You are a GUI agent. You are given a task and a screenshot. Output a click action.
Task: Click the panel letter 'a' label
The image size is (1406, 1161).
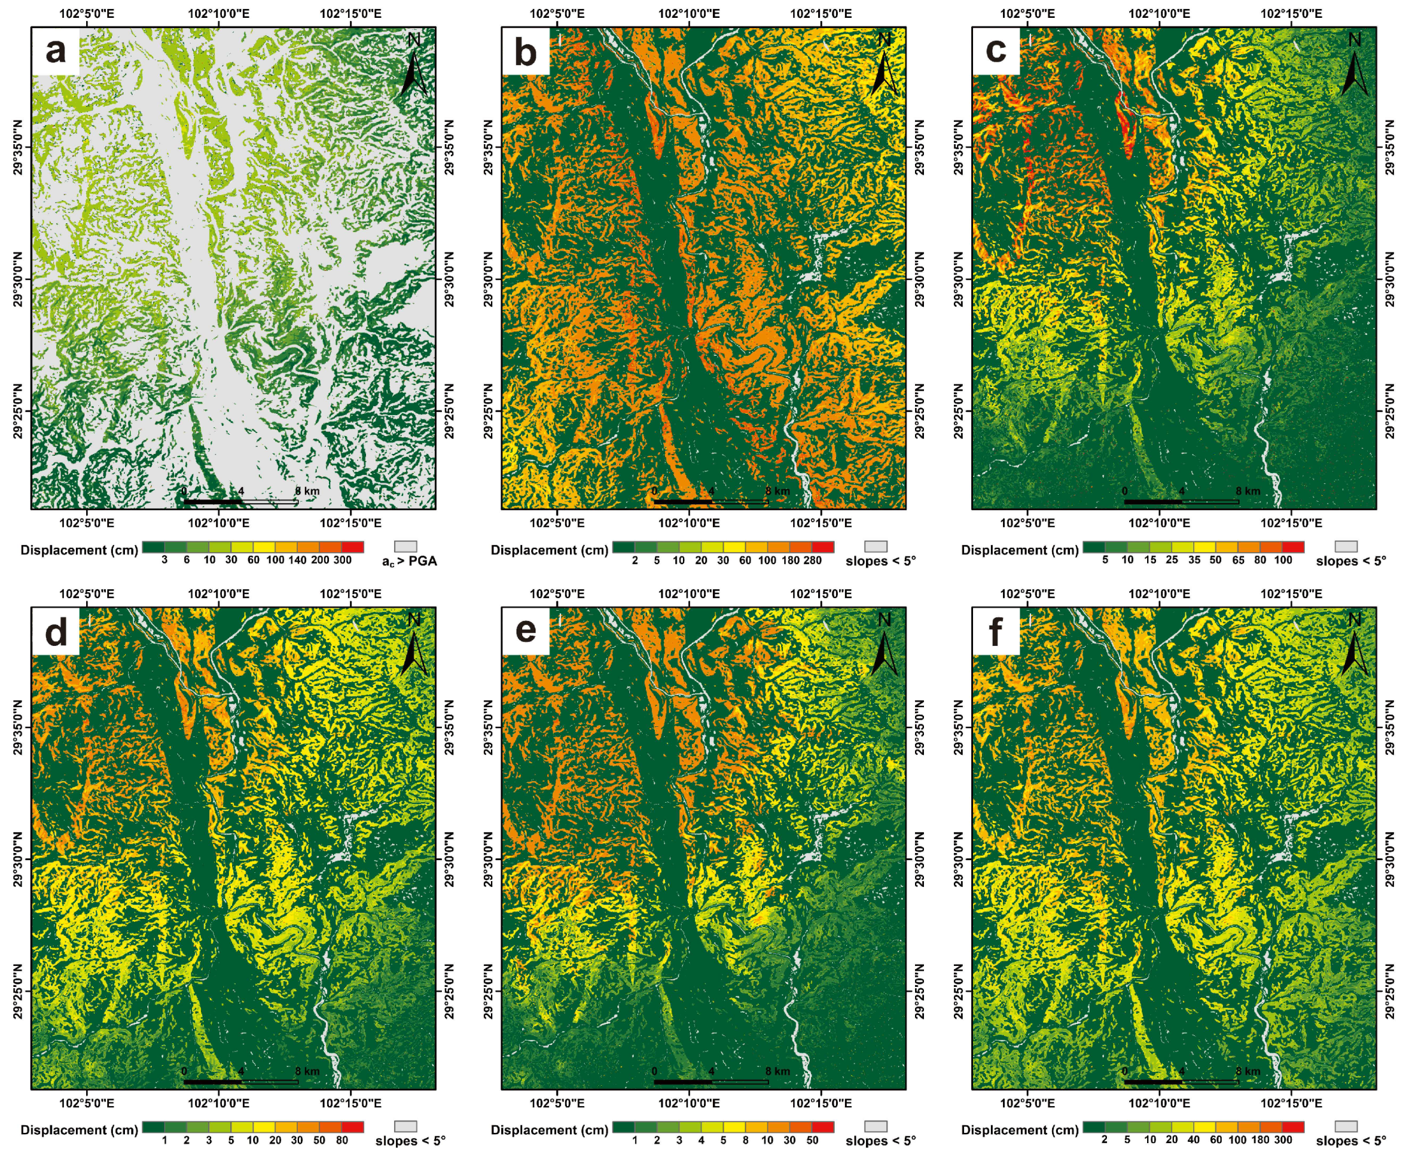[55, 51]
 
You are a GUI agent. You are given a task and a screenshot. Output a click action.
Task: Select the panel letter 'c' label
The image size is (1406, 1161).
[996, 51]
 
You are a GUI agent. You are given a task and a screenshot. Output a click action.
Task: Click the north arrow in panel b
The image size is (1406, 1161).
[884, 67]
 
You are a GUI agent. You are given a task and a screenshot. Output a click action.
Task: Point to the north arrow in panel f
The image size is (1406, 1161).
[1354, 646]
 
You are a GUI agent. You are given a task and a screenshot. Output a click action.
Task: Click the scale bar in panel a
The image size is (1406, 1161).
[241, 501]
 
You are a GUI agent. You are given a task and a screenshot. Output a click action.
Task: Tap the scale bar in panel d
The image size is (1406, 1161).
[241, 1081]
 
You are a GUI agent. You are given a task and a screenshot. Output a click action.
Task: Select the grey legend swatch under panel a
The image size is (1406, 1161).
[406, 546]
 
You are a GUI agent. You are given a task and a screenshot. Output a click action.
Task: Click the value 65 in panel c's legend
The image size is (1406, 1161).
[1238, 560]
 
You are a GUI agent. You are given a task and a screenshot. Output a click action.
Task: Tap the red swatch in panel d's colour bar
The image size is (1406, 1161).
[353, 1126]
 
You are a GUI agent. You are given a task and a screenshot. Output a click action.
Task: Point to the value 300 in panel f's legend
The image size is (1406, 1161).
[1283, 1140]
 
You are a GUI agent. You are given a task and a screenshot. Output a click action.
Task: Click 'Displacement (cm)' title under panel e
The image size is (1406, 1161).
[549, 1130]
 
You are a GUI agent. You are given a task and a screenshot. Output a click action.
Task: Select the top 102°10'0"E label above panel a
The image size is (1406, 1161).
[218, 13]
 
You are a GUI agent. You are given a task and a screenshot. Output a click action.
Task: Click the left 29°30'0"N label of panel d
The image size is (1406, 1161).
[17, 860]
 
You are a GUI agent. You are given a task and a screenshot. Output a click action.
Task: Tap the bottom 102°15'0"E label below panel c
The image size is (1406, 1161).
[1291, 523]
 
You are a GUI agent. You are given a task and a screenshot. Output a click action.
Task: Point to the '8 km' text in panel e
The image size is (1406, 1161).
[778, 1071]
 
